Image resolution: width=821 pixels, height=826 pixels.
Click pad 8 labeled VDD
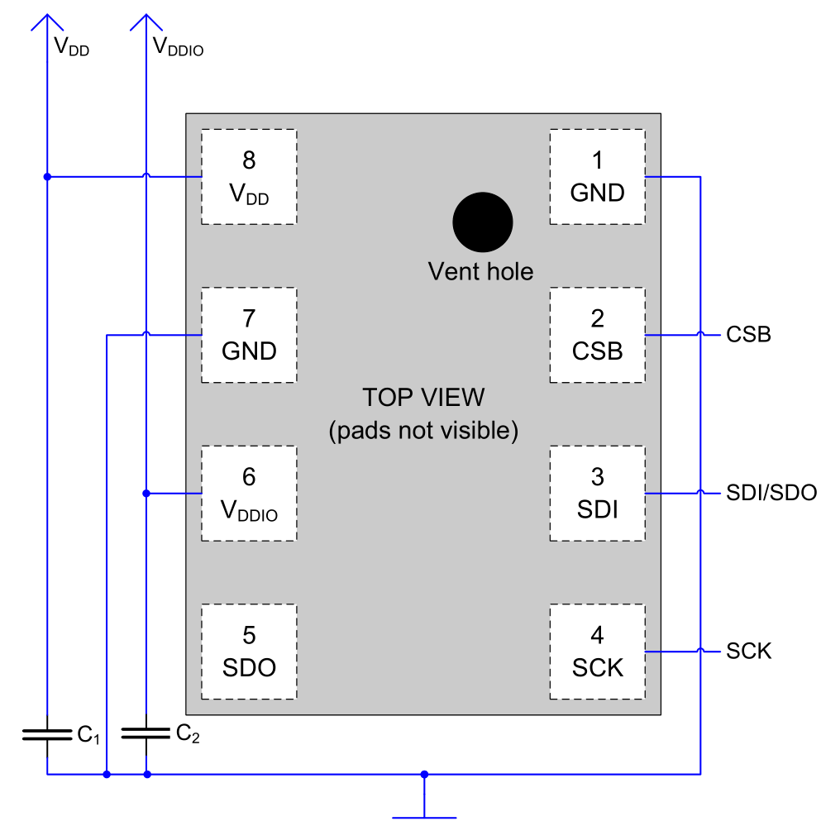click(x=249, y=176)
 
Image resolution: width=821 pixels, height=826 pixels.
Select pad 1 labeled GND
click(x=597, y=176)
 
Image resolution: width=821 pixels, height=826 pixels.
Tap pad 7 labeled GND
click(x=249, y=335)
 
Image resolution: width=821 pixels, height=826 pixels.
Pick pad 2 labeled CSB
click(x=597, y=335)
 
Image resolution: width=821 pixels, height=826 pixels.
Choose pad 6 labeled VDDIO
click(x=249, y=494)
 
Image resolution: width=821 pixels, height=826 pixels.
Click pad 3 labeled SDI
click(x=597, y=494)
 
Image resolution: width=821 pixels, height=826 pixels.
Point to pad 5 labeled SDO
click(x=249, y=652)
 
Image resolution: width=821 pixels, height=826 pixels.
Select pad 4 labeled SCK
click(x=597, y=652)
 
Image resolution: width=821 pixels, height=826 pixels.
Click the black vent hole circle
click(x=483, y=222)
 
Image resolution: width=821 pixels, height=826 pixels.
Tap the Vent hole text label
click(x=480, y=271)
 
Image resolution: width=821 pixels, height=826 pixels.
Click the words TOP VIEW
click(x=423, y=398)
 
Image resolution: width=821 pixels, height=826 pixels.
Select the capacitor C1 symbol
click(x=47, y=734)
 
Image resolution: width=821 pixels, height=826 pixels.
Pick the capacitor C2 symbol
click(x=146, y=733)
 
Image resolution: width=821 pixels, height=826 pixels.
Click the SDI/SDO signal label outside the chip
click(x=771, y=494)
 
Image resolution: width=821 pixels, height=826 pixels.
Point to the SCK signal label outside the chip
click(x=748, y=652)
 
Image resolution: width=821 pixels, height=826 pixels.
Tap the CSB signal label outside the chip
click(x=748, y=335)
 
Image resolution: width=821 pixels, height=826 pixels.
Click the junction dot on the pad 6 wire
click(x=146, y=494)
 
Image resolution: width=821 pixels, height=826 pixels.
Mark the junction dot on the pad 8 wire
click(x=47, y=176)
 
